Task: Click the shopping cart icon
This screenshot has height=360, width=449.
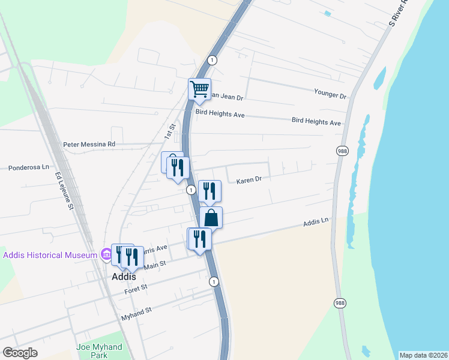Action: tap(199, 89)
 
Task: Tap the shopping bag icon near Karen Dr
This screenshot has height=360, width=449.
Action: tap(211, 217)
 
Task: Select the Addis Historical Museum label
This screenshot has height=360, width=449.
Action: tap(50, 255)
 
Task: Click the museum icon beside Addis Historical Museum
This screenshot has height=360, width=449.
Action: tap(106, 255)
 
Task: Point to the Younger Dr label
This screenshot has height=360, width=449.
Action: tap(330, 95)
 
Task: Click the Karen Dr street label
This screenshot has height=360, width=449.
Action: tap(249, 179)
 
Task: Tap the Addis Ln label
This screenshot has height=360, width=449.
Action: tap(316, 222)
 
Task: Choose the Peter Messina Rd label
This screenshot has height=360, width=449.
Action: tap(89, 145)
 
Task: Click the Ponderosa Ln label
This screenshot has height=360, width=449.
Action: tap(28, 168)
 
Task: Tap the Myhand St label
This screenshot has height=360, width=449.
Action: tap(136, 311)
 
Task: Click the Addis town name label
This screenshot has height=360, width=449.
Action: tap(124, 277)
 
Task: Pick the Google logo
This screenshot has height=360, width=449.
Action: tap(20, 353)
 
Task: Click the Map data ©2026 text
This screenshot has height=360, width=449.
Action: tap(423, 355)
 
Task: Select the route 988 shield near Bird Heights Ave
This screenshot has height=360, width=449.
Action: tap(342, 151)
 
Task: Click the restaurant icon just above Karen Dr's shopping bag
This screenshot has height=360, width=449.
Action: tap(209, 191)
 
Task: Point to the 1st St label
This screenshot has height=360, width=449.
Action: tap(169, 132)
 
